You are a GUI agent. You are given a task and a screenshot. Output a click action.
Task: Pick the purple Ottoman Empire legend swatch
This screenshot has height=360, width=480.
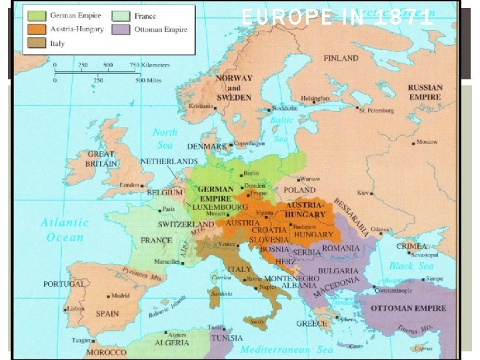pyautogui.click(x=120, y=29)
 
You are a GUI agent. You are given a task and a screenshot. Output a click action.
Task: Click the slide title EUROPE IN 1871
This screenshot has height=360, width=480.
pyautogui.click(x=337, y=17)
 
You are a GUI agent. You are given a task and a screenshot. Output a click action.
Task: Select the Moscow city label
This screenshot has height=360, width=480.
pyautogui.click(x=427, y=142)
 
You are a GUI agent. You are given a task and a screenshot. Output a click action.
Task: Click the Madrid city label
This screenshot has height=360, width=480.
pyautogui.click(x=120, y=295)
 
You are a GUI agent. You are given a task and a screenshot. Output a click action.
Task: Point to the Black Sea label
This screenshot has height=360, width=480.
pyautogui.click(x=411, y=266)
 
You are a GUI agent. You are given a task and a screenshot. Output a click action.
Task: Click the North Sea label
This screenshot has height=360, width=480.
pyautogui.click(x=164, y=139)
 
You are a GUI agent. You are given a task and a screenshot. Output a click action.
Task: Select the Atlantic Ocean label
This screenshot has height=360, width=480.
pyautogui.click(x=65, y=230)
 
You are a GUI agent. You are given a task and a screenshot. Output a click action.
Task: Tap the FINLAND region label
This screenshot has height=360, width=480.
pyautogui.click(x=341, y=58)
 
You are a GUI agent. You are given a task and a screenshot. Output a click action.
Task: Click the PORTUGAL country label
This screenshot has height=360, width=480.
pyautogui.click(x=65, y=284)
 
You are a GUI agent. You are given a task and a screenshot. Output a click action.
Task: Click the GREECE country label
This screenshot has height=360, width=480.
pyautogui.click(x=312, y=324)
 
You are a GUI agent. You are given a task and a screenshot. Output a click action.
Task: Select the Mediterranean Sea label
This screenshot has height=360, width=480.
pyautogui.click(x=287, y=349)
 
